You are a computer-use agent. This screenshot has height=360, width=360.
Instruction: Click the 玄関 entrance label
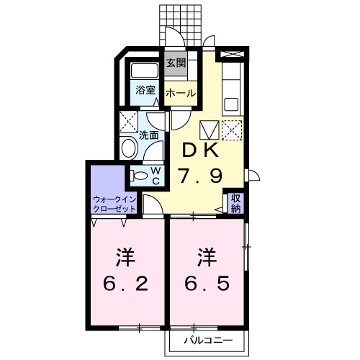click(176, 63)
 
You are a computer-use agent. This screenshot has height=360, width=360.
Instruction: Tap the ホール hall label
click(181, 93)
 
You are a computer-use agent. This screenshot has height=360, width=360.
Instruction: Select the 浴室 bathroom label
click(145, 90)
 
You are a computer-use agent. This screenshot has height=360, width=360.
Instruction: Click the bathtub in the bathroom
click(145, 71)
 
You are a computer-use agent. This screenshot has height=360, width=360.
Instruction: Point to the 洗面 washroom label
click(149, 135)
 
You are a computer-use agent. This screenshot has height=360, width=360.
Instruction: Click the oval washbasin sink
click(129, 148)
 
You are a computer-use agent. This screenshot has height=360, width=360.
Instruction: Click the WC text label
click(156, 176)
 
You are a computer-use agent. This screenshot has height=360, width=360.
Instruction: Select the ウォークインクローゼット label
click(114, 204)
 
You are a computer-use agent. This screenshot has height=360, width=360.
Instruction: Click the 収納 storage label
click(235, 203)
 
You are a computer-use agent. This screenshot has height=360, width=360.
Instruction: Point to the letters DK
click(200, 150)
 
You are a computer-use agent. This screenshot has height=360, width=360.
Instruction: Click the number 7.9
click(200, 176)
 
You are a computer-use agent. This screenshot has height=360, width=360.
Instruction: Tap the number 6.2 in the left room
click(125, 284)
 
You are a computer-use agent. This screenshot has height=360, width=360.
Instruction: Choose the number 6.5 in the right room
click(207, 283)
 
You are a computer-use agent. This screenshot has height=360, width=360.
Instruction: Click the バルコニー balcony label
click(208, 341)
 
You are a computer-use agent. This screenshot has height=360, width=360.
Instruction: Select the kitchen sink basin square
click(231, 104)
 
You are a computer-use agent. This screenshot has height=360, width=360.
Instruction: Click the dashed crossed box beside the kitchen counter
click(232, 130)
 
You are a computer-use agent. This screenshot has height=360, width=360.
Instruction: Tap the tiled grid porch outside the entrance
click(181, 25)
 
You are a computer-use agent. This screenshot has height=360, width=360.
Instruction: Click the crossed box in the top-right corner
click(232, 54)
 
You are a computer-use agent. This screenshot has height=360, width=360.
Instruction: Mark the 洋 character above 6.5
click(207, 258)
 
